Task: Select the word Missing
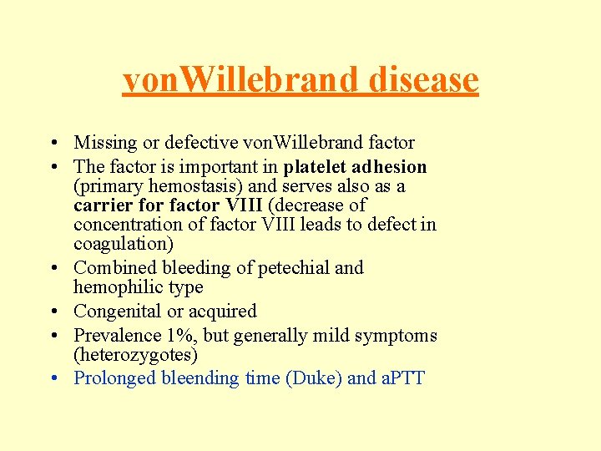[106, 143]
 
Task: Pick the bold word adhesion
[393, 166]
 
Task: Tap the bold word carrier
[104, 205]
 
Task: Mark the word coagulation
[121, 243]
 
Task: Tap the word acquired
[224, 311]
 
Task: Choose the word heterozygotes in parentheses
[136, 354]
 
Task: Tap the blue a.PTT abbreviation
[403, 378]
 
